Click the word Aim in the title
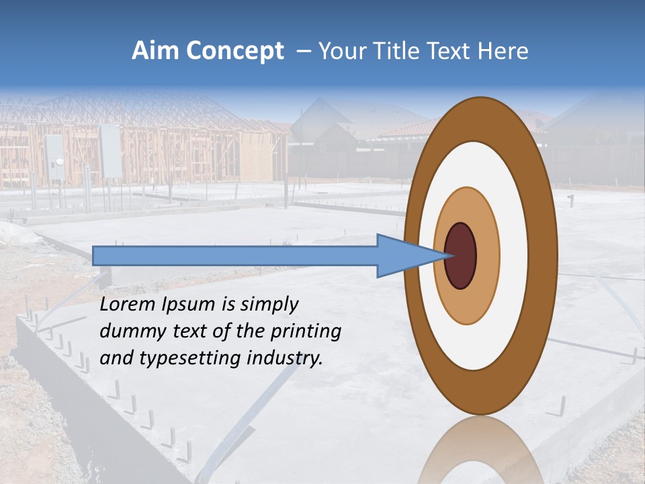tap(155, 51)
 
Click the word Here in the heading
tap(503, 51)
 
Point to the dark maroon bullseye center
tap(461, 256)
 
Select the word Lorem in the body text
tap(127, 305)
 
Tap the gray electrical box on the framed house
tap(110, 151)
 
